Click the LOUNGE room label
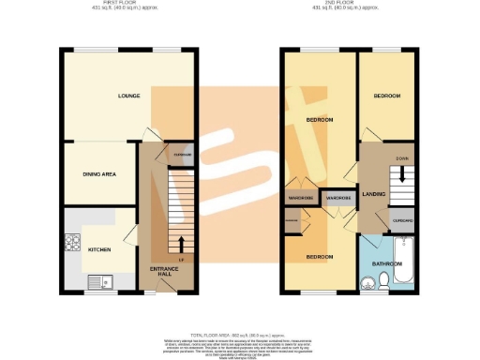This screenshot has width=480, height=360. coord(128,96)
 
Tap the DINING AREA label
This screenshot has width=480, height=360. coord(98,174)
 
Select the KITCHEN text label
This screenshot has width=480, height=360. coord(99,250)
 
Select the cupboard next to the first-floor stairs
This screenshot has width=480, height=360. coord(182,155)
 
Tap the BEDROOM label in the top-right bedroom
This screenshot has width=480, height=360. coord(387,96)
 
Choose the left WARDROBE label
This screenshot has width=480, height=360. coord(300,198)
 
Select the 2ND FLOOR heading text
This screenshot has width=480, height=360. coord(351,5)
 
